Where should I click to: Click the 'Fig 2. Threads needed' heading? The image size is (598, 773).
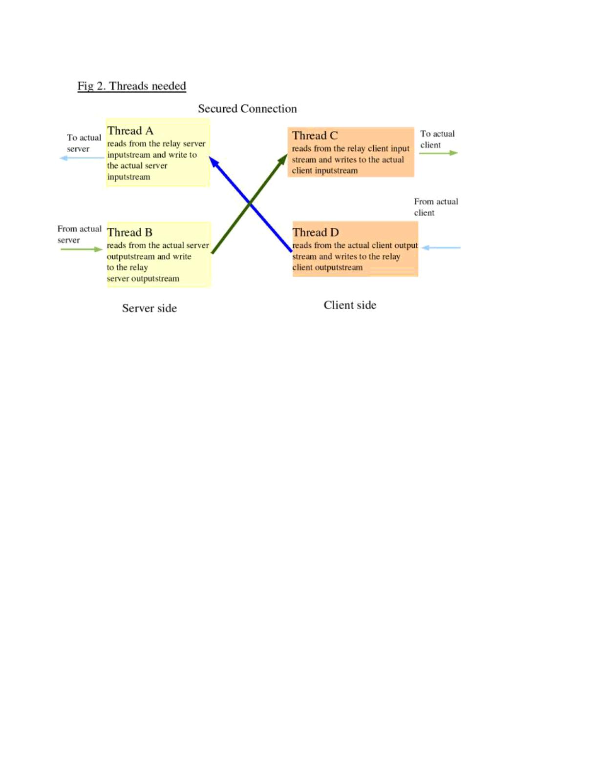(x=132, y=86)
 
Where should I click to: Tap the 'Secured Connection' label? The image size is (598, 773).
(x=248, y=108)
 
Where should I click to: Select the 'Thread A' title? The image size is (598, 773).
(x=130, y=131)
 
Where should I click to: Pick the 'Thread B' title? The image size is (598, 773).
(x=129, y=233)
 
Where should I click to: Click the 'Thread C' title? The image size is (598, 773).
(x=315, y=136)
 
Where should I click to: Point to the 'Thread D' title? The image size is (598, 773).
(x=316, y=233)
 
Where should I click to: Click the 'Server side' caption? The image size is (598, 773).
(x=149, y=308)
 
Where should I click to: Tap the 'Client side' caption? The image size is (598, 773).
(x=350, y=305)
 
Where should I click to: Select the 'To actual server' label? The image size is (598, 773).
(x=84, y=143)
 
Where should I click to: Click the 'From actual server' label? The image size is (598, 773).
(x=80, y=234)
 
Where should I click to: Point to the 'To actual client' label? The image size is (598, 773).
(x=437, y=139)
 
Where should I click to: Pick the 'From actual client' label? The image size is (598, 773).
(x=436, y=207)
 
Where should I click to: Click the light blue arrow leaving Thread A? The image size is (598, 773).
(x=82, y=158)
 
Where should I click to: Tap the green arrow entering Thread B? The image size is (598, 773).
(x=82, y=249)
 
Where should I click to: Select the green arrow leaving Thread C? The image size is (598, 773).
(x=438, y=153)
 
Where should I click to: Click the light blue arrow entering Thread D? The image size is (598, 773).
(x=441, y=247)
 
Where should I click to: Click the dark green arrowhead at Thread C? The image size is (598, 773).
(x=283, y=160)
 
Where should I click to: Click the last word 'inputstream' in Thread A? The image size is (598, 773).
(x=128, y=177)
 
